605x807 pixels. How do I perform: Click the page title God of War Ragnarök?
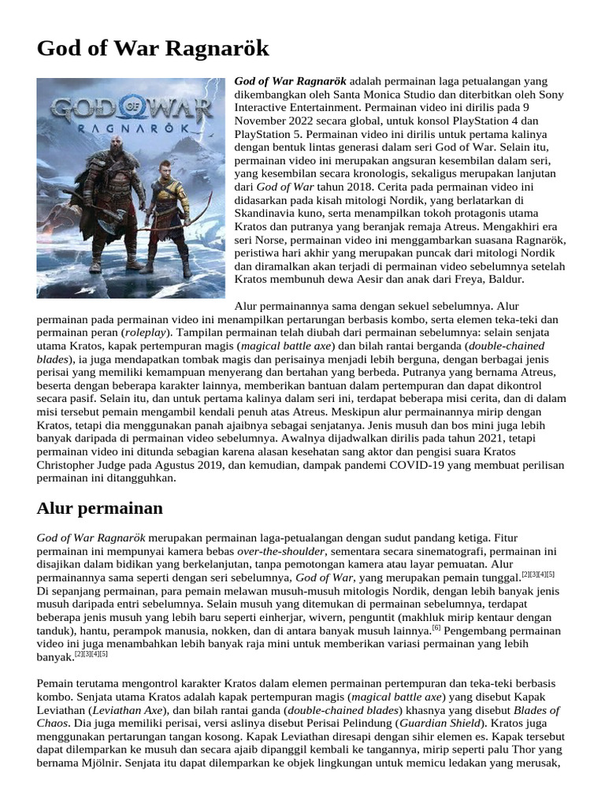pos(153,49)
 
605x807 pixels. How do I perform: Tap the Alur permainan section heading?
pos(99,508)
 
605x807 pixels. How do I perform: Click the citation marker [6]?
pos(436,628)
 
